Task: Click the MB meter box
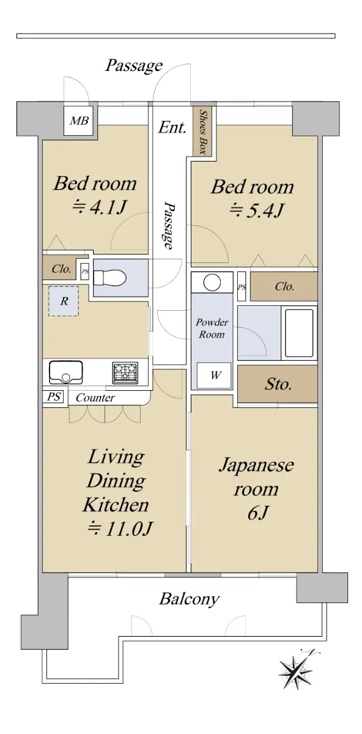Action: coord(79,120)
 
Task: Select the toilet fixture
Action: coord(110,278)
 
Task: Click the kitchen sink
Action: coord(66,372)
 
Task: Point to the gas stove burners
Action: coord(125,372)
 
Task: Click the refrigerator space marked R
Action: coord(64,301)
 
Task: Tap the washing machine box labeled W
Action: coord(214,375)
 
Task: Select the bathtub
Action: coord(299,333)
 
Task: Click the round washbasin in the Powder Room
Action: coord(212,282)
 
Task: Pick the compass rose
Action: coord(297,667)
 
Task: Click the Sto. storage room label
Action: coord(278,384)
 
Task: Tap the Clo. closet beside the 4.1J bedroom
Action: coord(61,269)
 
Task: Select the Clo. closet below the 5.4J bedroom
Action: coord(284,287)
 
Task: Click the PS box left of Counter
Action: coord(54,396)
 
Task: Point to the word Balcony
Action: coord(190,599)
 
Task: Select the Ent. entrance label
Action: coord(172,127)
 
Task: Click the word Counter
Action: coord(95,398)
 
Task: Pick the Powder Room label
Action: coord(212,328)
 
